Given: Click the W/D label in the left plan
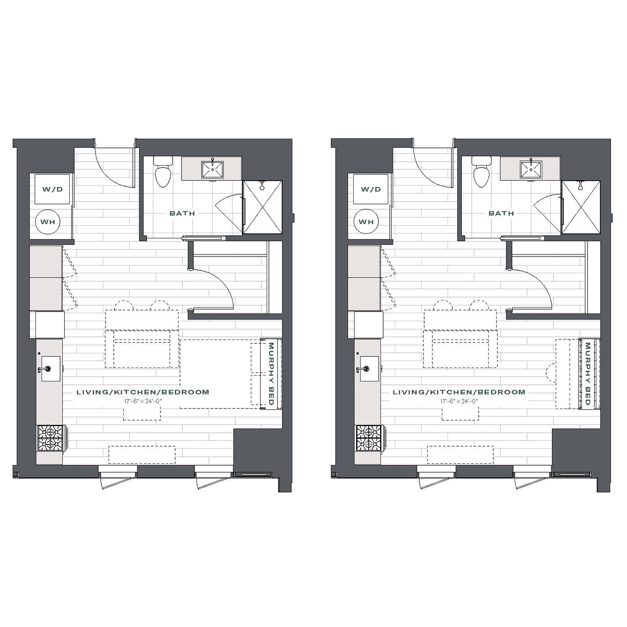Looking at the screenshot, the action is click(52, 189).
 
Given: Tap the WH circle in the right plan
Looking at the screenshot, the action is click(366, 221).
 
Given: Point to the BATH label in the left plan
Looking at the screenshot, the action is click(182, 214).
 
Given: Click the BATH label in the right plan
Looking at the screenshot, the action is click(501, 214).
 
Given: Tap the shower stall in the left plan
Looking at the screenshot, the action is click(262, 207).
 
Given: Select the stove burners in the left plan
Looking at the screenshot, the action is click(51, 438).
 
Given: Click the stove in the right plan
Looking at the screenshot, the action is click(370, 438).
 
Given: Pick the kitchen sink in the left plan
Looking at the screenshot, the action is click(51, 369).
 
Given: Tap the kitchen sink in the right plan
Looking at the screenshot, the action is click(369, 369).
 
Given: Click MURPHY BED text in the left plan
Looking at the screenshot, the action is click(271, 374).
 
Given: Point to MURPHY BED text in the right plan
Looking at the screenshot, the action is click(588, 374).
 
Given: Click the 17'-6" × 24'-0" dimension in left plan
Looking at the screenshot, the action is click(143, 401).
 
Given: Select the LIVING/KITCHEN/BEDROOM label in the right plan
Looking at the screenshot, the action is click(459, 392).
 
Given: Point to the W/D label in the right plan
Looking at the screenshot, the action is click(371, 189).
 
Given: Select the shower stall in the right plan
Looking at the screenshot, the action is click(581, 207).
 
